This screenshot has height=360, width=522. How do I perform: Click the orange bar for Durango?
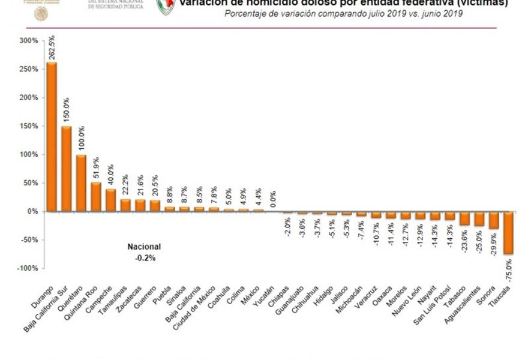click(x=52, y=137)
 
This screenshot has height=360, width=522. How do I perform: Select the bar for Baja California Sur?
click(x=67, y=169)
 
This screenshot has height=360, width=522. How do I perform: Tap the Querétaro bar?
click(x=81, y=183)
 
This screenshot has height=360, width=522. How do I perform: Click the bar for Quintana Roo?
click(x=96, y=197)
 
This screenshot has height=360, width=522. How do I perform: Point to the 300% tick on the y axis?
click(x=29, y=41)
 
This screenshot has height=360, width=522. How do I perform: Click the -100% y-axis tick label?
click(x=27, y=268)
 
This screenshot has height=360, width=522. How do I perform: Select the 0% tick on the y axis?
click(x=32, y=211)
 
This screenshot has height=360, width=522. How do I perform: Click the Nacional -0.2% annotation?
click(x=144, y=251)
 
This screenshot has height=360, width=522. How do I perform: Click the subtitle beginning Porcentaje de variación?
click(x=343, y=14)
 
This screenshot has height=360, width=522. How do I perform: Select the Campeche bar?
click(x=110, y=200)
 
